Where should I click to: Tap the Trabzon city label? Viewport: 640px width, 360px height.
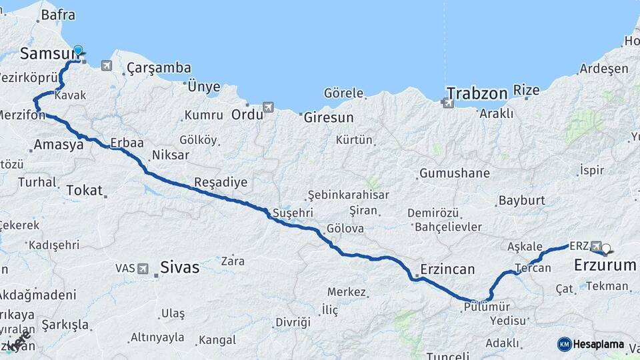click(477, 93)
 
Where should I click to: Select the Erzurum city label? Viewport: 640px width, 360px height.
click(605, 265)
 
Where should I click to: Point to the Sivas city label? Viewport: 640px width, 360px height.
click(179, 267)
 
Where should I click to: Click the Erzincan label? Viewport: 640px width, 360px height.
click(447, 270)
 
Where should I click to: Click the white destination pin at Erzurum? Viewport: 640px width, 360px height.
click(606, 250)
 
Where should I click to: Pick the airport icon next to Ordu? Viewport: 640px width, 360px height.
click(268, 107)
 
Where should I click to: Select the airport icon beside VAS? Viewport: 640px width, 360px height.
click(143, 268)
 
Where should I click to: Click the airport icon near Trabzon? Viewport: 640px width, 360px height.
click(447, 103)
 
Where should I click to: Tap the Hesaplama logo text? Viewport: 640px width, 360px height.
click(599, 344)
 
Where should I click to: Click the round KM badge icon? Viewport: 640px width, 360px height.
click(565, 344)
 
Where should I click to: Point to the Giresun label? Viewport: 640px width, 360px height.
click(329, 117)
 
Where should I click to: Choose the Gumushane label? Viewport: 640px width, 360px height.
click(455, 173)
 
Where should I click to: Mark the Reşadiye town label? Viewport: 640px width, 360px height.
click(221, 182)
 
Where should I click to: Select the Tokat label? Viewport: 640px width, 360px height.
click(84, 190)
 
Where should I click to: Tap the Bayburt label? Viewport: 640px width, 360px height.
click(522, 200)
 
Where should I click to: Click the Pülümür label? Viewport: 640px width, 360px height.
click(487, 306)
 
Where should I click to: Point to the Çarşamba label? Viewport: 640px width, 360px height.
click(159, 68)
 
